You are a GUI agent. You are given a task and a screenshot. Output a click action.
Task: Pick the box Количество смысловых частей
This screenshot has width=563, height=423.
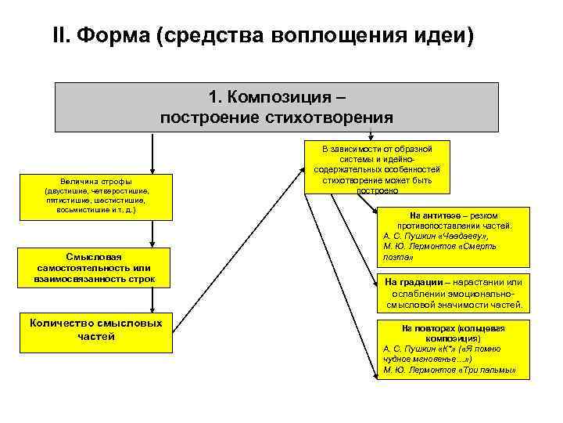pos(96,330)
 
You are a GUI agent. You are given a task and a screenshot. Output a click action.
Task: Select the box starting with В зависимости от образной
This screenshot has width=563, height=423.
pos(377,168)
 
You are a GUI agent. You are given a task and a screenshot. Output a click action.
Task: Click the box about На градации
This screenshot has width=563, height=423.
pos(453,293)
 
